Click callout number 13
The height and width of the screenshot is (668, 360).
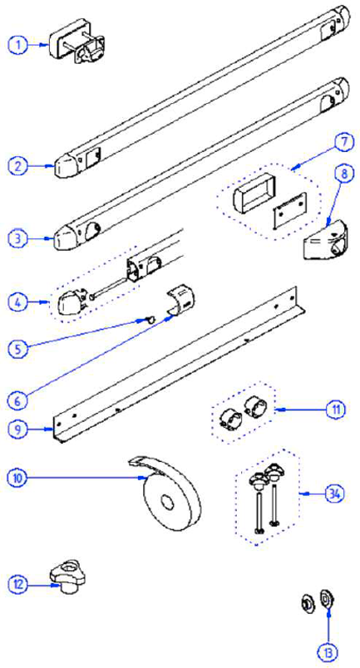coord(329,652)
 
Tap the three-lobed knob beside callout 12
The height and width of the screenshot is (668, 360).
coord(67,577)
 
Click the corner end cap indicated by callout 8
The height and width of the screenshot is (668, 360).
coord(323,242)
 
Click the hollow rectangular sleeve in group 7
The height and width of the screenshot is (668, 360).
coord(254,190)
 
